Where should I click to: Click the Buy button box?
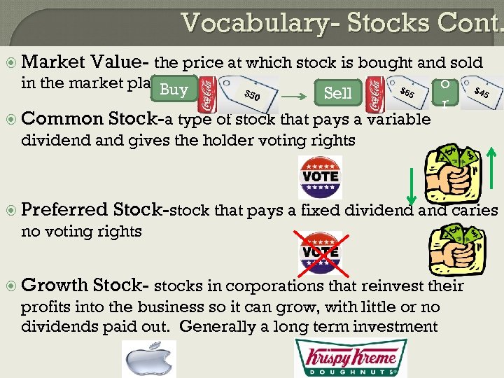click(x=174, y=90)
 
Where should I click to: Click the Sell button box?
click(x=339, y=92)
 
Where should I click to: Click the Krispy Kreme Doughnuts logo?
click(x=350, y=358)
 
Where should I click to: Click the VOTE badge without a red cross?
click(x=320, y=173)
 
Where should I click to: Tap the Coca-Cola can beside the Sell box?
click(x=374, y=92)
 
